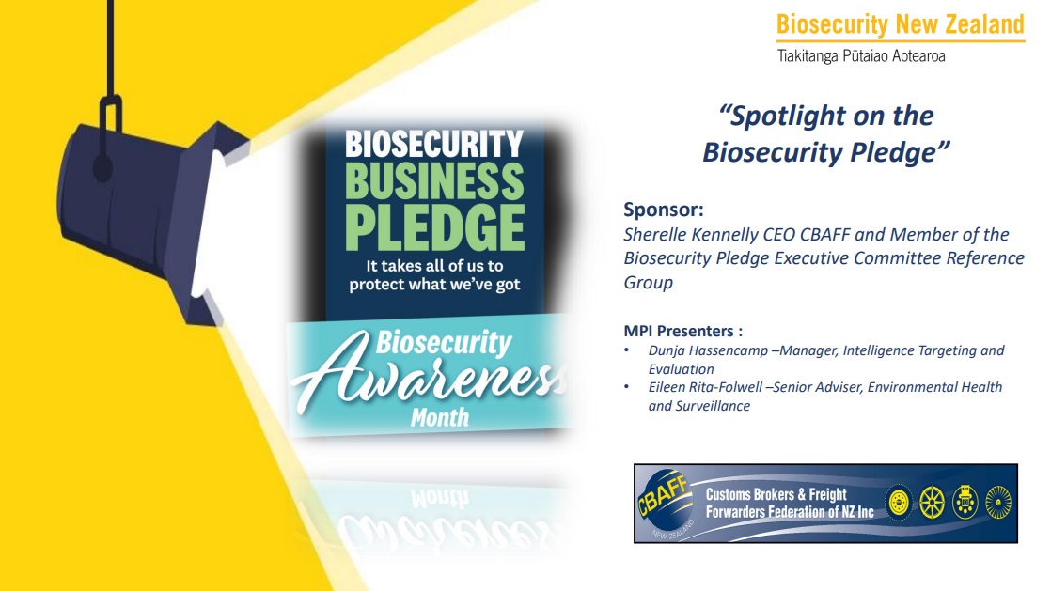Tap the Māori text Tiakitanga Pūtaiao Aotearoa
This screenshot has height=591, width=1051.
pyautogui.click(x=861, y=56)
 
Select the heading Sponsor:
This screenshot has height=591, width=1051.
pyautogui.click(x=664, y=210)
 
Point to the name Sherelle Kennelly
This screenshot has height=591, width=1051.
pyautogui.click(x=691, y=235)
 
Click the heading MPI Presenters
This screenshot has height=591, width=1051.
pyautogui.click(x=683, y=331)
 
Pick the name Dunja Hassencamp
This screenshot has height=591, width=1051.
pyautogui.click(x=708, y=350)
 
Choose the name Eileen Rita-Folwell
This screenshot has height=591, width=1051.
pyautogui.click(x=705, y=387)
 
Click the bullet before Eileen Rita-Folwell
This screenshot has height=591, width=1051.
pyautogui.click(x=627, y=387)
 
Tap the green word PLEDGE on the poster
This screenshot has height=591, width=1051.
pyautogui.click(x=435, y=227)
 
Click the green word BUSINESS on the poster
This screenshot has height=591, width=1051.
pyautogui.click(x=434, y=181)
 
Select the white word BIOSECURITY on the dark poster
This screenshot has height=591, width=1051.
pyautogui.click(x=434, y=143)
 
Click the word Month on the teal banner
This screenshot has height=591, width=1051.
pyautogui.click(x=440, y=418)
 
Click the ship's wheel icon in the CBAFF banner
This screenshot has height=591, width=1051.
pyautogui.click(x=932, y=503)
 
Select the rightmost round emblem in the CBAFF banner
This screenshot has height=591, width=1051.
pyautogui.click(x=998, y=503)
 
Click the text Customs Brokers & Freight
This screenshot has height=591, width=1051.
pyautogui.click(x=776, y=494)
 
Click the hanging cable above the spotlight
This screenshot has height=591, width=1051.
pyautogui.click(x=111, y=49)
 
